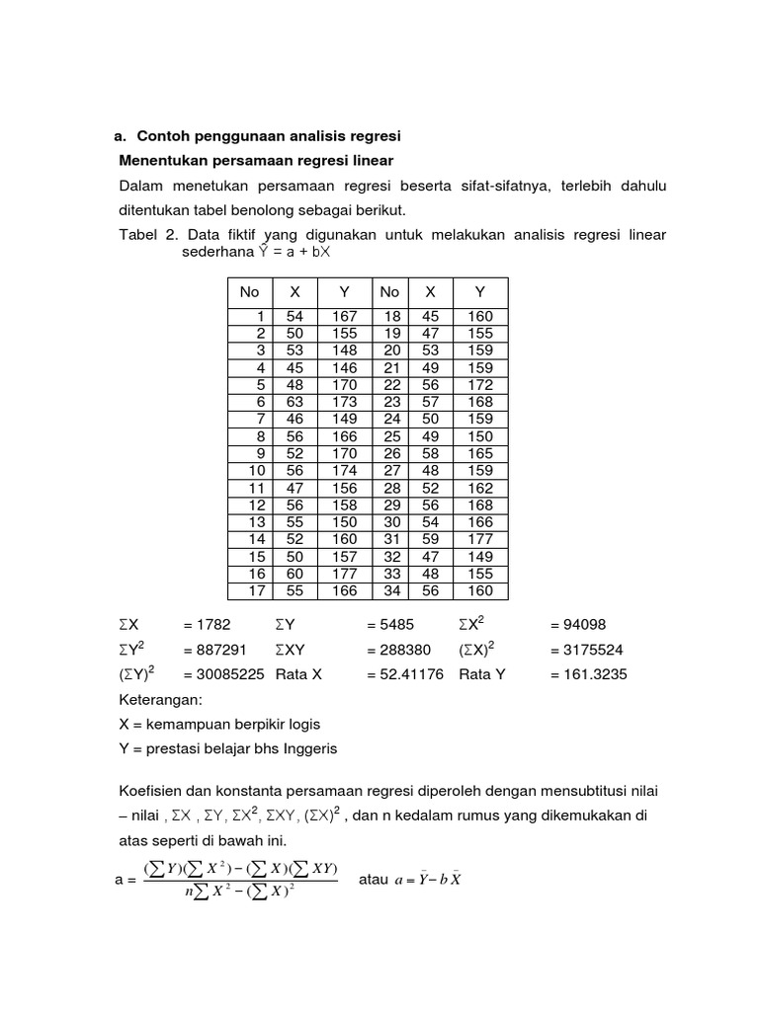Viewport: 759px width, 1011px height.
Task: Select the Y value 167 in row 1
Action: click(345, 316)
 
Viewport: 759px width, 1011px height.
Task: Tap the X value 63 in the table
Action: click(295, 402)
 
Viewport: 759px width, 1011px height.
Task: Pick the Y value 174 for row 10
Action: click(345, 470)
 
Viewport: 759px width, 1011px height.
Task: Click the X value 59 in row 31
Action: click(430, 539)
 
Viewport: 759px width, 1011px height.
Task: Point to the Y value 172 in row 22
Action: click(480, 384)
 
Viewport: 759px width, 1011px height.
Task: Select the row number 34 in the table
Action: click(389, 590)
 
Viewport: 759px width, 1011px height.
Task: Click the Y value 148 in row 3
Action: click(345, 350)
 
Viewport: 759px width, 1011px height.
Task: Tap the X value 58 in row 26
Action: click(430, 453)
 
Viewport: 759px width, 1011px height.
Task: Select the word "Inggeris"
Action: click(309, 748)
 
